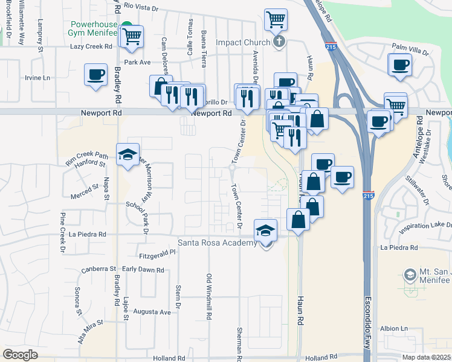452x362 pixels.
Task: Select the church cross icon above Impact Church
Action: coord(278,42)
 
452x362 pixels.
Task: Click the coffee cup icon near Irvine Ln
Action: coord(95,75)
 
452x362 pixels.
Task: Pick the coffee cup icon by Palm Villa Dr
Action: coord(400,65)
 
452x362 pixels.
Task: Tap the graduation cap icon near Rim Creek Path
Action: coord(128,155)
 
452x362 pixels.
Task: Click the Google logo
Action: coord(20,355)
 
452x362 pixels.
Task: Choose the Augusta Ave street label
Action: coord(152,312)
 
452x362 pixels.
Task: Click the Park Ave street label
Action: coord(137,62)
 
